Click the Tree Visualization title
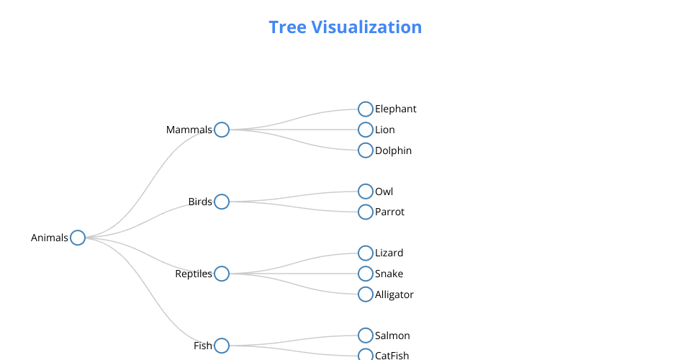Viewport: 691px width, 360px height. [345, 27]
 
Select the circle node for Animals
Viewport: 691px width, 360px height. [78, 238]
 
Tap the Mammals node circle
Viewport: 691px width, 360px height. [222, 130]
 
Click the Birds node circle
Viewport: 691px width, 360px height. [222, 202]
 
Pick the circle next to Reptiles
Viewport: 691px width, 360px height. [222, 274]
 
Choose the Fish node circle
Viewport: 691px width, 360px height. [222, 346]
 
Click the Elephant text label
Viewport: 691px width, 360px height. [395, 109]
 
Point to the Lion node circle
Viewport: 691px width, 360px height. [366, 130]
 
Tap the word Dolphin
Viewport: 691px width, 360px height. [393, 151]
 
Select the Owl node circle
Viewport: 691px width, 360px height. [366, 192]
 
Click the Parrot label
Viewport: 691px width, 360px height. [389, 212]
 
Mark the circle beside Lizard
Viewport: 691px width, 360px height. [366, 253]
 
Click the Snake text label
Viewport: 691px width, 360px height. [389, 274]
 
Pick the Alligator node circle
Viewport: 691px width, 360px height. [366, 294]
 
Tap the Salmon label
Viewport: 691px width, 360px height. [392, 336]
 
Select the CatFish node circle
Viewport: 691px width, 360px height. [366, 355]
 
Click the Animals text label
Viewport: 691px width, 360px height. [49, 238]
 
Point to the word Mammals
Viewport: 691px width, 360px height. [189, 130]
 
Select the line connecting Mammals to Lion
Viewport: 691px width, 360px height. [295, 130]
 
